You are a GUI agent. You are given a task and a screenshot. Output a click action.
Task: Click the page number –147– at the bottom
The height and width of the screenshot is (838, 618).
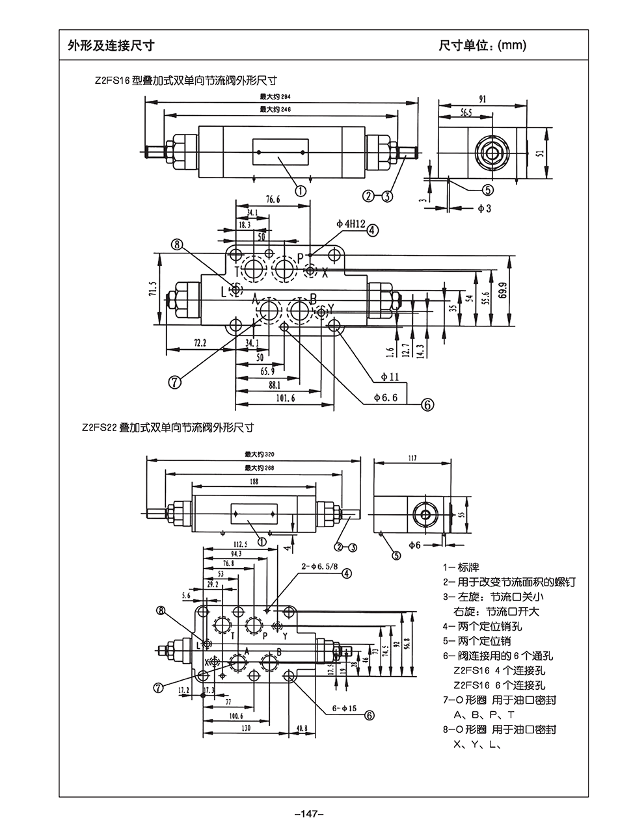309,814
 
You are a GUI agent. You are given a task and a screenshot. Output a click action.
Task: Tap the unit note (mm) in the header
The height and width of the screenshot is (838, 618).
511,46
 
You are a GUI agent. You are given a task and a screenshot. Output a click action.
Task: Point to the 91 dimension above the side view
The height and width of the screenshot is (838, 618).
483,99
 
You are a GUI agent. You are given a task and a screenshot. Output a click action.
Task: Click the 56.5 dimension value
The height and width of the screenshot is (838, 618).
466,112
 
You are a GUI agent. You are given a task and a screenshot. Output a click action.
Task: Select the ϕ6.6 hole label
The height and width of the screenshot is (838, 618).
385,397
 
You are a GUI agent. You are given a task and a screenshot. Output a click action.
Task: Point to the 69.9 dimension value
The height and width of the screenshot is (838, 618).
503,290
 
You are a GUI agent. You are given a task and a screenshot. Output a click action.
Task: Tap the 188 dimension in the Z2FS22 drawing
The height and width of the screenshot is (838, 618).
254,482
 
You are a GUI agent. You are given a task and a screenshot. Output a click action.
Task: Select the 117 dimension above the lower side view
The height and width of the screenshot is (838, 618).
412,458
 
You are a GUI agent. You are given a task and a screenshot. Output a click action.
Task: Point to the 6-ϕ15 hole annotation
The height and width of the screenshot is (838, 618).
344,708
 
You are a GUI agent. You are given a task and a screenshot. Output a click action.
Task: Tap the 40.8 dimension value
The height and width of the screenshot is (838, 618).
301,728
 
